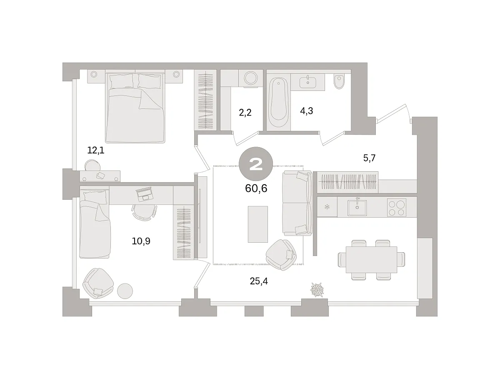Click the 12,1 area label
pos(96,150)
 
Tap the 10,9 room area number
pos(141,241)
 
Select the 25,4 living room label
pos(259,281)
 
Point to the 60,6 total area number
pos(256,188)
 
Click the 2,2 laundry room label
pos(245,112)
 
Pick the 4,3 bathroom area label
pos(306,111)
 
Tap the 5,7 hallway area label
pos(369,158)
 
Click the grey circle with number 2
pos(256,164)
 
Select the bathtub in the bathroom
pos(278,102)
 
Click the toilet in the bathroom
pos(339,81)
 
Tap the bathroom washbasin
pos(308,82)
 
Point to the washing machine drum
pos(251,78)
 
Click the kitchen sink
pos(357,207)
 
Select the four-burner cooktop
pos(396,207)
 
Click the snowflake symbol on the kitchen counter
pos(327,207)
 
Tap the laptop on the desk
pos(145,194)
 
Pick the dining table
pos(371,260)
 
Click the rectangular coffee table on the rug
pos(258,224)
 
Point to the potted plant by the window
pos(317,290)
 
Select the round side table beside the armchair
pos(125,291)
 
